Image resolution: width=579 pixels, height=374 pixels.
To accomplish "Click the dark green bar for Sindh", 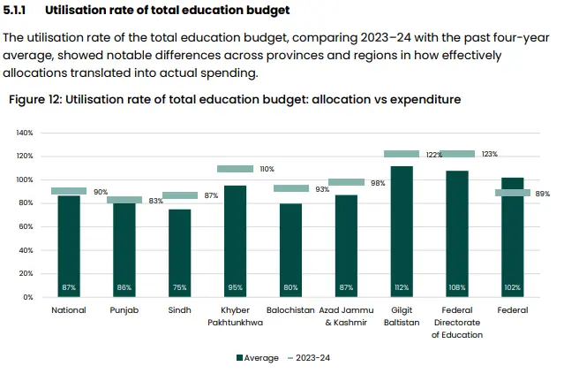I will click(x=179, y=252).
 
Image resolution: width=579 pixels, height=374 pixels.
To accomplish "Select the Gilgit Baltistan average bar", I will click(x=402, y=230).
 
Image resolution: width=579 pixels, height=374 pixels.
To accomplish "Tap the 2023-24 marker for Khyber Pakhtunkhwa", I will click(x=235, y=169).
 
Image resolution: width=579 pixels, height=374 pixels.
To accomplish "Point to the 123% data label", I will click(x=488, y=154).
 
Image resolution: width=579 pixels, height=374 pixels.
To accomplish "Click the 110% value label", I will click(x=267, y=169).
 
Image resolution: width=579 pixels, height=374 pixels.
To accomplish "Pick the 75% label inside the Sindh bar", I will click(x=179, y=288).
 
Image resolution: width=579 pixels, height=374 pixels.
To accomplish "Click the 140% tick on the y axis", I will click(x=25, y=133).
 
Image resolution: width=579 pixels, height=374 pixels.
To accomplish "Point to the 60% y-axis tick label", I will click(x=26, y=227).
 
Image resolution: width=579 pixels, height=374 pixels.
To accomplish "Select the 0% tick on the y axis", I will click(x=28, y=298).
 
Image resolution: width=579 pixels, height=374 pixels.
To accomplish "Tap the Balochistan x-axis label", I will click(x=290, y=311).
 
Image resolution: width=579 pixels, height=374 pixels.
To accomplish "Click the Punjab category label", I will click(x=124, y=311).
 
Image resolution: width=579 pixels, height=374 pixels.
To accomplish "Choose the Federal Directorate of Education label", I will click(x=457, y=323).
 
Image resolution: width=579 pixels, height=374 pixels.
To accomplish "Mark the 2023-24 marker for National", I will click(x=69, y=191).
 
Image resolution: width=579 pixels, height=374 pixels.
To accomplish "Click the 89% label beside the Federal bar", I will click(x=542, y=193).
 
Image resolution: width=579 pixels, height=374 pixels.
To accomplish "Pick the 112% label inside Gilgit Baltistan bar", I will click(x=402, y=288).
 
